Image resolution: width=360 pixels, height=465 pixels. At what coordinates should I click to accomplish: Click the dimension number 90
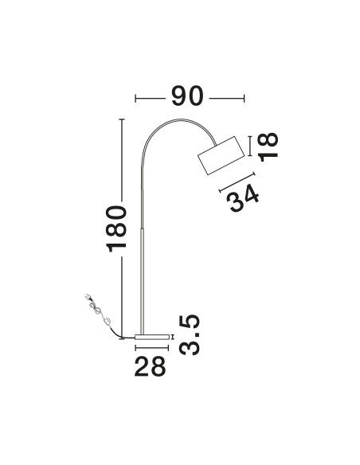tap(187, 96)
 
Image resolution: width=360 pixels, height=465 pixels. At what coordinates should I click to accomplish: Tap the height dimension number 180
tap(116, 229)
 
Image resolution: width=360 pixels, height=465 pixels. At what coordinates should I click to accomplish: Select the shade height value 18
tap(268, 147)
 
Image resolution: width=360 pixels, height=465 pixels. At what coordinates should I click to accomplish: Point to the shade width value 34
tap(243, 197)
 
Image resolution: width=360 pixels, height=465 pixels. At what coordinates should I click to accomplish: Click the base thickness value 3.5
tap(190, 334)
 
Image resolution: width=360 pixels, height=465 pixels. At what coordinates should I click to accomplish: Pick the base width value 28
tap(150, 366)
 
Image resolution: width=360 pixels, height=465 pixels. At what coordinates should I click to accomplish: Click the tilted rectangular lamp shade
tap(221, 155)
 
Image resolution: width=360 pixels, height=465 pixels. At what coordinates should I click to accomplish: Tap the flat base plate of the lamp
tap(151, 337)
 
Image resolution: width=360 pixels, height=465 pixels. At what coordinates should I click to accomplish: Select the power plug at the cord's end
tap(88, 297)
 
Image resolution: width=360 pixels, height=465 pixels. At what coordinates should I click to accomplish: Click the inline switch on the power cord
tap(108, 321)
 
